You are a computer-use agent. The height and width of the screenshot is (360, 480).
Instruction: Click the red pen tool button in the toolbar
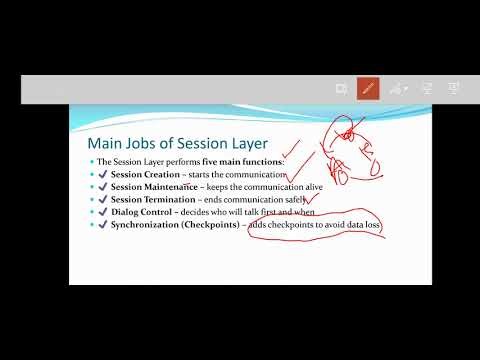368,88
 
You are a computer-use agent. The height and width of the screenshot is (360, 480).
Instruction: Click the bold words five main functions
248,161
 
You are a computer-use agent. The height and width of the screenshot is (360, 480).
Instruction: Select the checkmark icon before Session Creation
103,174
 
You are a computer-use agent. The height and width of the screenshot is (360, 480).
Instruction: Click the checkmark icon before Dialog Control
103,213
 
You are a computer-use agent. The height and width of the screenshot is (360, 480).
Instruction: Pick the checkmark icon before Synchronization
103,226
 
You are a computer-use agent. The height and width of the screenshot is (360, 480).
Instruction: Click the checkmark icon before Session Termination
103,200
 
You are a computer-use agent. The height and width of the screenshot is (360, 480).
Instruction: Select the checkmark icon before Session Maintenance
103,187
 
